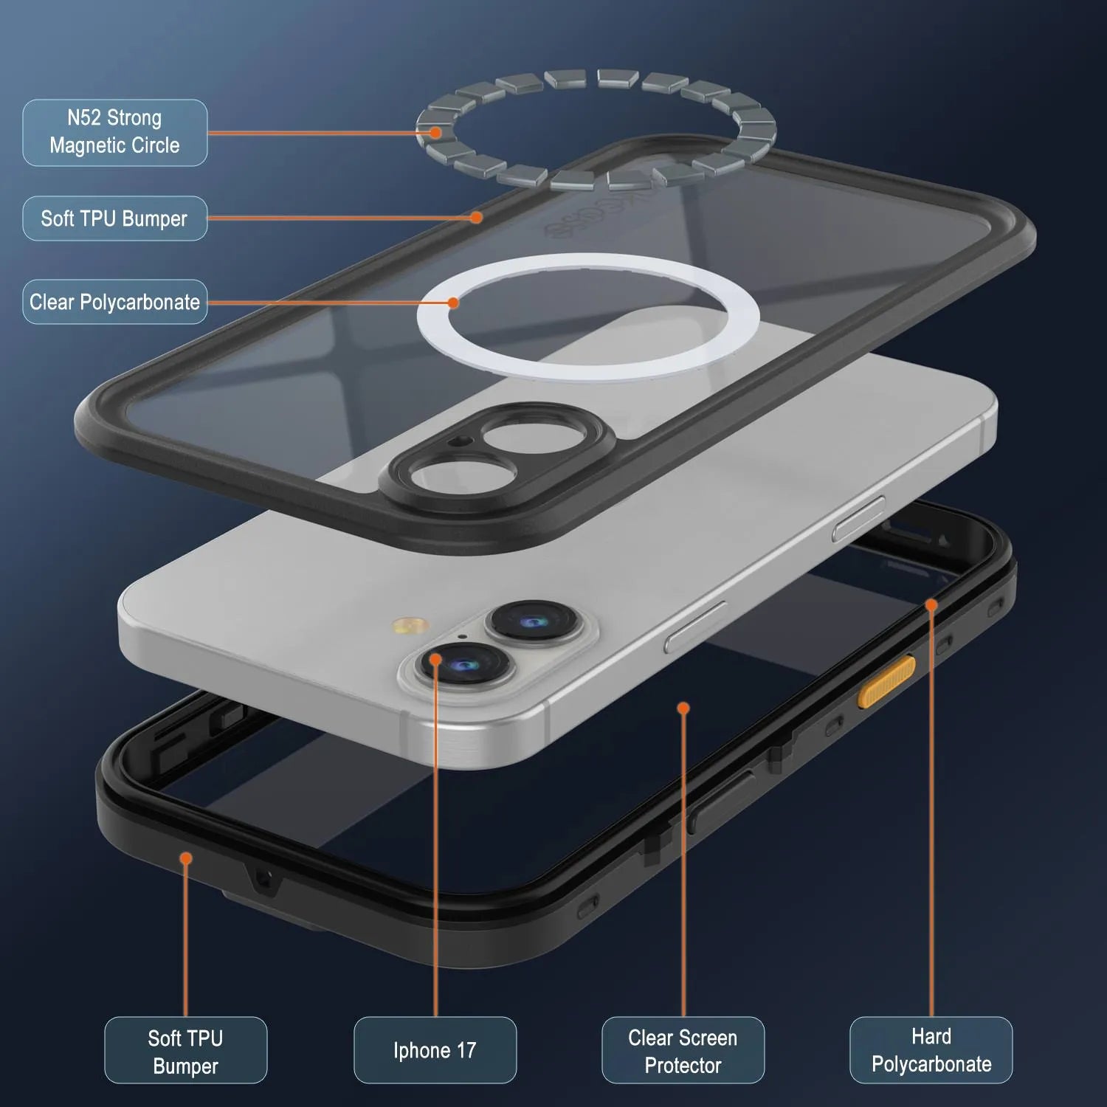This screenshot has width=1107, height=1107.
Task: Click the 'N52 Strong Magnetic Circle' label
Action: pos(114,132)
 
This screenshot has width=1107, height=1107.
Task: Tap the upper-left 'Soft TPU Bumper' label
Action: pos(114,218)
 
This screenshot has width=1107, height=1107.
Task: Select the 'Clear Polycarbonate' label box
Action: pos(114,302)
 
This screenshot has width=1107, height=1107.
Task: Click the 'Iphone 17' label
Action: pos(435,1050)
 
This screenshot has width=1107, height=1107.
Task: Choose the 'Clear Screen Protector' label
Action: pos(683,1050)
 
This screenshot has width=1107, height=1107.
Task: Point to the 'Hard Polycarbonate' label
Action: pos(931,1050)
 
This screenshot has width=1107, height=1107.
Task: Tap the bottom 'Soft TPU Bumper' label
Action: pos(185,1050)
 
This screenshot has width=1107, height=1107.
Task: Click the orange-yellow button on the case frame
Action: pos(886,681)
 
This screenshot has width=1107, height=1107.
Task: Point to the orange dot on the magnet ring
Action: pos(436,133)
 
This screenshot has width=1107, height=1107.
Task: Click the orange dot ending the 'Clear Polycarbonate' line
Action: pos(453,302)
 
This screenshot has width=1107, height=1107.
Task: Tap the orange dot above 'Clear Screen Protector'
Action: pos(683,708)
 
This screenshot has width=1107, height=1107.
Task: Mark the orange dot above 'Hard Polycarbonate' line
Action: pos(931,605)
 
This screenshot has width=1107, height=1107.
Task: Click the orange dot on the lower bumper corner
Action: pos(186,858)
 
